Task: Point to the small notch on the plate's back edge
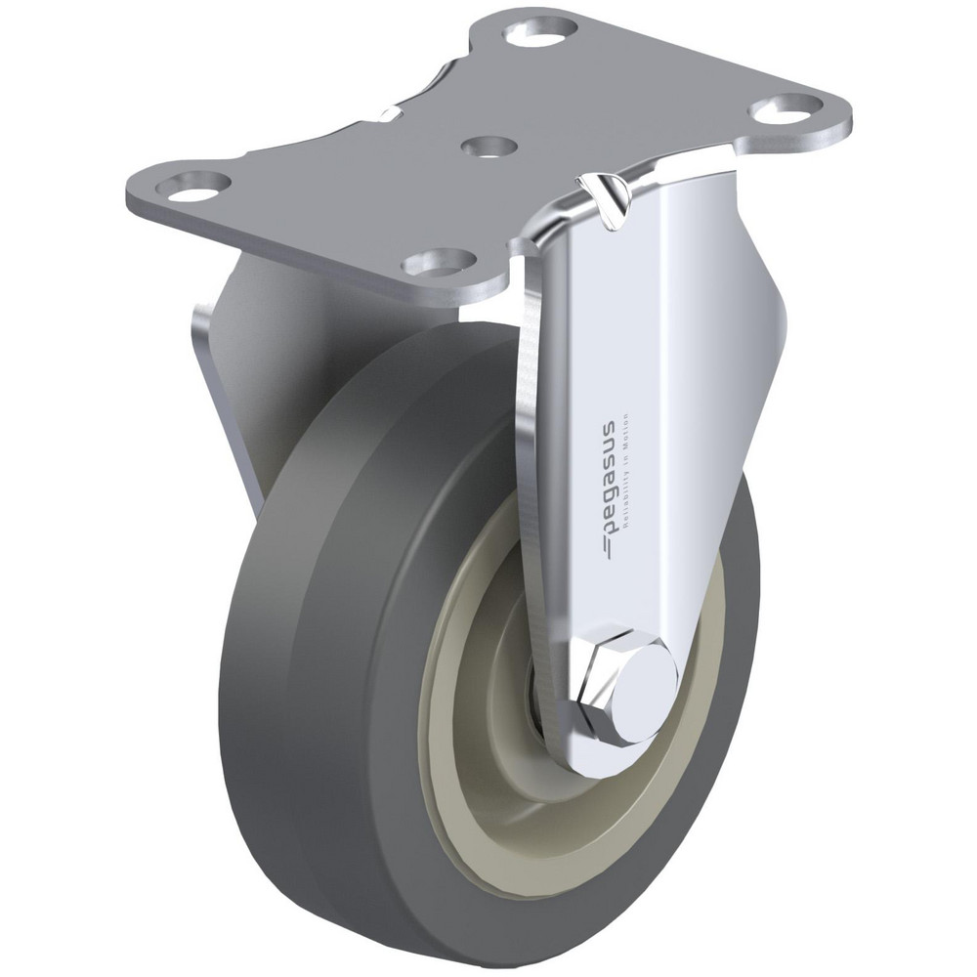pos(391,113)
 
